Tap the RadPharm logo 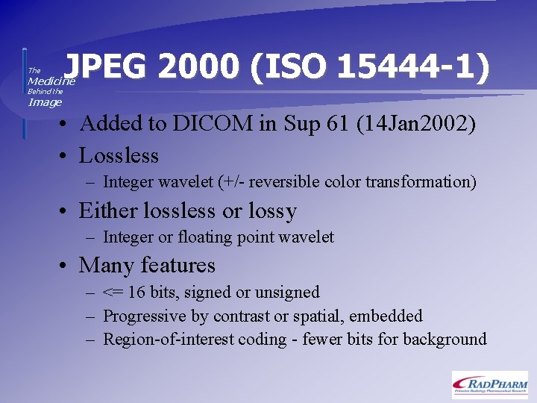click(489, 384)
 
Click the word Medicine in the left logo click(51, 81)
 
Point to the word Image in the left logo click(45, 103)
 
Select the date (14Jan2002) click(416, 123)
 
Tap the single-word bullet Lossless click(119, 156)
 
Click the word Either click(108, 211)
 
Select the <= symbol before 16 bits click(113, 293)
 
